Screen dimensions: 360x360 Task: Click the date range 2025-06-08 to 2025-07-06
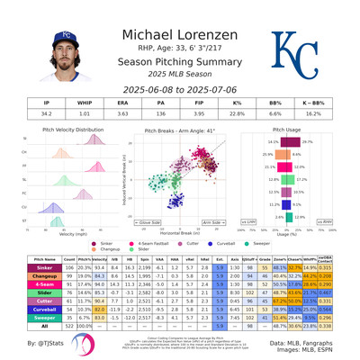click(179, 89)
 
